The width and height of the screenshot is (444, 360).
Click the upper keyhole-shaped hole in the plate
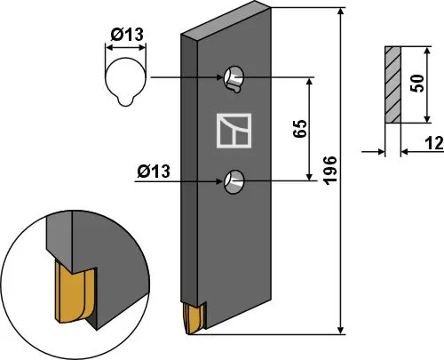[235, 79]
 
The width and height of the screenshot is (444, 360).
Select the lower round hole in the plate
[235, 180]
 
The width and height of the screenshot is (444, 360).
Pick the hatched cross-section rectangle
[392, 84]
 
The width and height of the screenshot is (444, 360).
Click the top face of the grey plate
[222, 25]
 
